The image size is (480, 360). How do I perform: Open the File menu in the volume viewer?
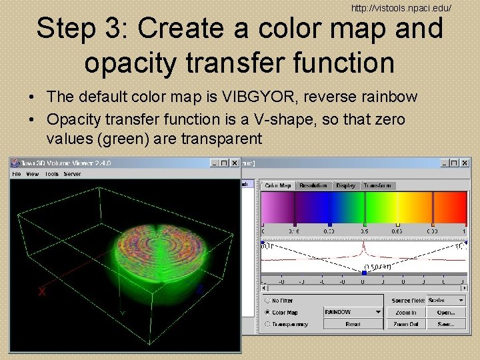tap(17, 174)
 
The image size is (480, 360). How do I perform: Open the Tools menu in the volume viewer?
tap(51, 174)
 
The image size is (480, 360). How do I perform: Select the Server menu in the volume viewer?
tap(72, 174)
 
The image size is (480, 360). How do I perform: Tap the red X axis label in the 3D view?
tap(43, 291)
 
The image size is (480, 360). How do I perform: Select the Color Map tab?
tap(277, 185)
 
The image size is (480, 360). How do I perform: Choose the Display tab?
tap(345, 185)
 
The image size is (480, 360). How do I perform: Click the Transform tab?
tap(378, 185)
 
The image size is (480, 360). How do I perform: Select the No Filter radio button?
tap(267, 301)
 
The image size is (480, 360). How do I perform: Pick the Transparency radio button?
tap(267, 324)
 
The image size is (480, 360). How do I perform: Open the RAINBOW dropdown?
tap(353, 312)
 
